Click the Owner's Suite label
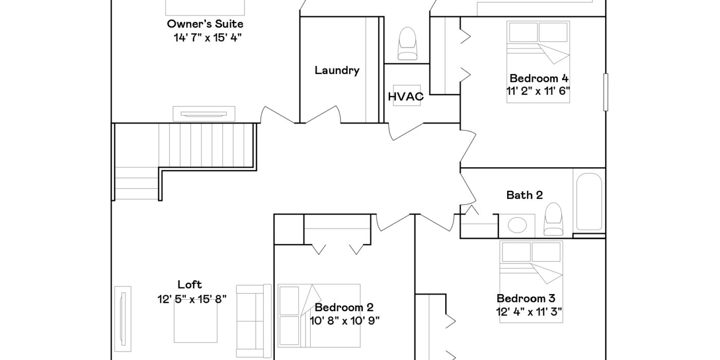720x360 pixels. (205, 24)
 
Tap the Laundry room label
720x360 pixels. (337, 70)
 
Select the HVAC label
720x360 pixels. (406, 97)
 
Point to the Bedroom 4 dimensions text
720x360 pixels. (538, 91)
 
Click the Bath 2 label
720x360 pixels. (525, 195)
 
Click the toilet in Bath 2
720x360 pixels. (553, 219)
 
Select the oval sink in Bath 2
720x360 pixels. (517, 225)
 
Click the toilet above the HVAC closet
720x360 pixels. (407, 43)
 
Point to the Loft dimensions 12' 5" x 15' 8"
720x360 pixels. (192, 299)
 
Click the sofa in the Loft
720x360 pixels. (254, 321)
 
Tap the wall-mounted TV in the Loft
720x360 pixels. (122, 319)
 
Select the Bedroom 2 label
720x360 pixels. (344, 308)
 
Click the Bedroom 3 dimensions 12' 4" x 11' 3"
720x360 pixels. (529, 312)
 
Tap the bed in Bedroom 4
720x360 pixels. (538, 62)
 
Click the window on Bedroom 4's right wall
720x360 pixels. (606, 92)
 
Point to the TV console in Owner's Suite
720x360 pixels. (204, 114)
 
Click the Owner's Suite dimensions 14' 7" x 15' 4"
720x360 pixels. (208, 38)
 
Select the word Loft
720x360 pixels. (190, 284)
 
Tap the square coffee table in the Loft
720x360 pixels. (195, 321)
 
